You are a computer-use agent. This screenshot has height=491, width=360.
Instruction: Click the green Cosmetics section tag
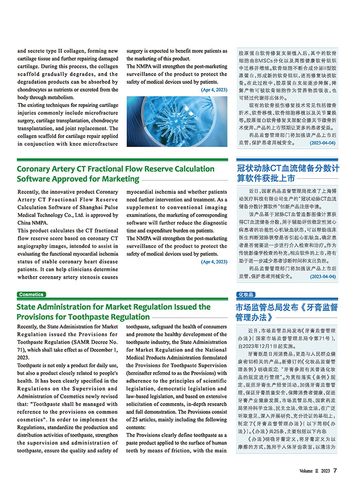pos(31,295)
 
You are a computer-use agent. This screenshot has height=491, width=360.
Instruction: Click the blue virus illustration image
pos(176,120)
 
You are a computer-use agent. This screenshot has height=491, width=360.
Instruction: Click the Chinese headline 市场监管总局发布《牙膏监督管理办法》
pos(286,312)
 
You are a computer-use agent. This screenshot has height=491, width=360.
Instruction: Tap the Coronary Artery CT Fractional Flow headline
pos(108,174)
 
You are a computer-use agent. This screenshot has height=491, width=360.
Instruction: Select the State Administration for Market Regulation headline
pos(113,312)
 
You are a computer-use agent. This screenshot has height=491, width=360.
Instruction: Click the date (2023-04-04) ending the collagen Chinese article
pos(323,142)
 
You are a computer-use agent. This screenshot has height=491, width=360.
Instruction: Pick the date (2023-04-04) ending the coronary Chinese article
pos(323,276)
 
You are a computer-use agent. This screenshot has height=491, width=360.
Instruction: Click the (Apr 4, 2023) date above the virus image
pos(214,89)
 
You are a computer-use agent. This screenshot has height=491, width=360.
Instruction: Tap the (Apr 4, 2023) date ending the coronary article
pos(214,262)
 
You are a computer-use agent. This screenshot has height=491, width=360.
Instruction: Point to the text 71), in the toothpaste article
pos(23,350)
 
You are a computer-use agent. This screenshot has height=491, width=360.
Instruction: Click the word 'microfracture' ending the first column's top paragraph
pos(100,144)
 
